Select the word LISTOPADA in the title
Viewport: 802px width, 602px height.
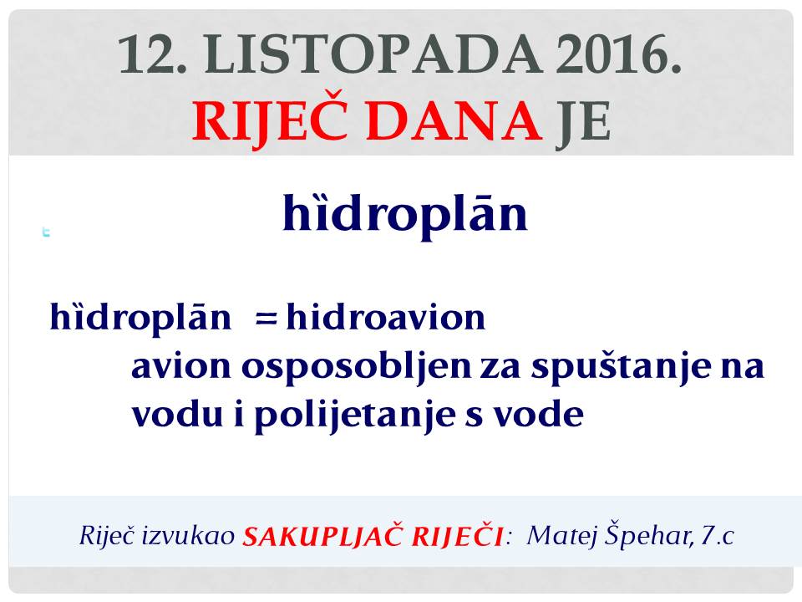click(x=373, y=54)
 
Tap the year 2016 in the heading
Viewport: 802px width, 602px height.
click(x=619, y=54)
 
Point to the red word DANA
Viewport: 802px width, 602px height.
click(x=454, y=120)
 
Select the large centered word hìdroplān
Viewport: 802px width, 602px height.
click(x=405, y=213)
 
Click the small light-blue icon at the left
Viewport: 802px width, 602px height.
click(x=46, y=232)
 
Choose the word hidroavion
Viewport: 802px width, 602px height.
click(x=386, y=318)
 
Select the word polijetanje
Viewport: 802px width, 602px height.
click(x=355, y=415)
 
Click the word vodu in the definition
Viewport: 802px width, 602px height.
click(x=177, y=414)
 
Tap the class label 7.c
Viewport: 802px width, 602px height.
click(x=717, y=535)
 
